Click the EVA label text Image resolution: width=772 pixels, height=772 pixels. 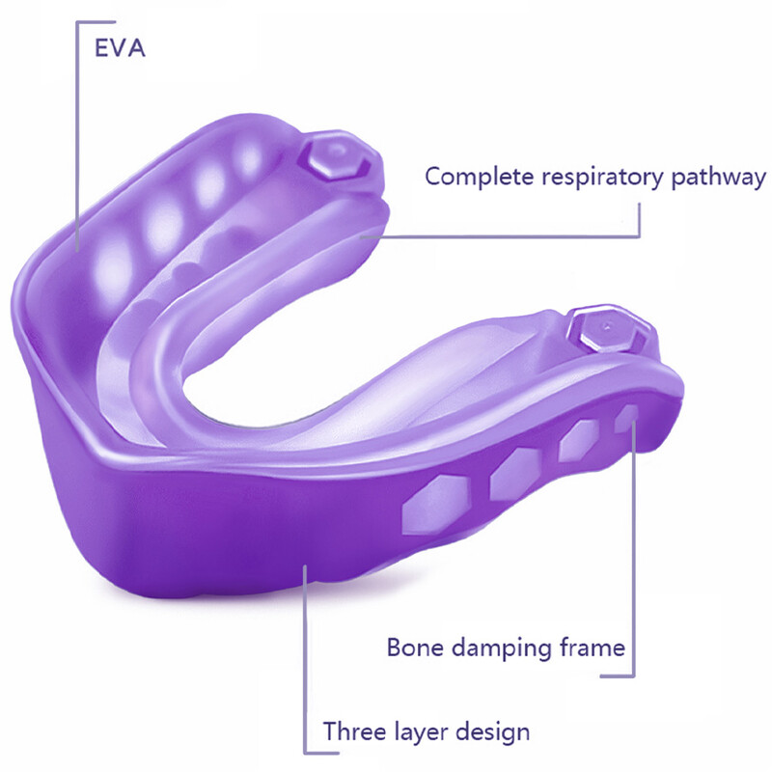[x=120, y=47]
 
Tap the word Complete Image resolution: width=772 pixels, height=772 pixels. [x=479, y=177]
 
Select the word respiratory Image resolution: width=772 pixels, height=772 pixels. [x=602, y=179]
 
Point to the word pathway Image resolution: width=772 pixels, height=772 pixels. [x=719, y=178]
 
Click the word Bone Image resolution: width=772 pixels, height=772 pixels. [x=415, y=647]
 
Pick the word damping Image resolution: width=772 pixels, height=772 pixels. [x=502, y=648]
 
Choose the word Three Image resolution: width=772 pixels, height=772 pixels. [x=354, y=731]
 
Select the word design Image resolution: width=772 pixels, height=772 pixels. [x=493, y=733]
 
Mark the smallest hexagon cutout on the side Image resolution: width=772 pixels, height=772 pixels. [x=626, y=419]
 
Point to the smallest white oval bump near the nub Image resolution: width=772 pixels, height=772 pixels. [x=250, y=156]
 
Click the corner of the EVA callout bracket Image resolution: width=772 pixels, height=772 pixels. [x=77, y=22]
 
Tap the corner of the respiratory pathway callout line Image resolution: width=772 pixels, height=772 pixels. [x=640, y=236]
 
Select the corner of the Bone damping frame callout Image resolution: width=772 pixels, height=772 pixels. [x=634, y=676]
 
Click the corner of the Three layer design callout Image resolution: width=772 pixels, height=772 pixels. [x=305, y=753]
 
